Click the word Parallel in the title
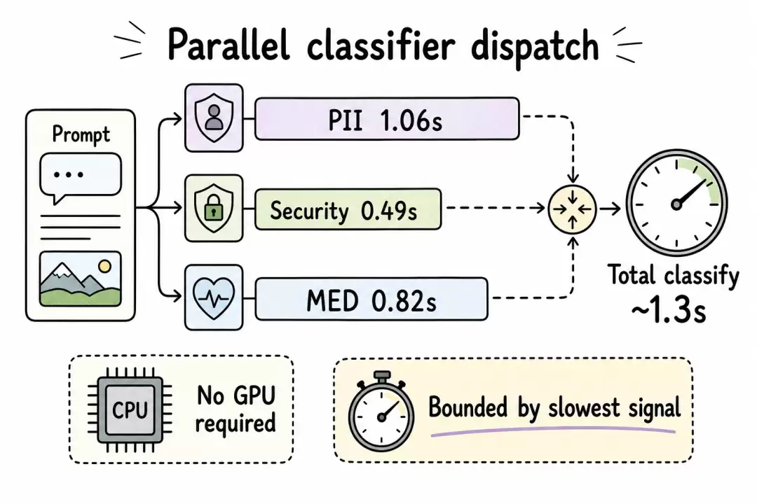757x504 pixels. [x=229, y=45]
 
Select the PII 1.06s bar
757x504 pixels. [x=387, y=118]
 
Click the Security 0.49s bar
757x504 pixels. [x=348, y=209]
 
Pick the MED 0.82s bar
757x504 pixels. [x=371, y=299]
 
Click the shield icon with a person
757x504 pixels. [x=214, y=118]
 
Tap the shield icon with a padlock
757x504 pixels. [x=214, y=209]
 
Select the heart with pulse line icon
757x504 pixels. [x=214, y=297]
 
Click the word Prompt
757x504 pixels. [x=81, y=134]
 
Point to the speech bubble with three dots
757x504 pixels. [x=80, y=176]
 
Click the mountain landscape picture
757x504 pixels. [x=80, y=279]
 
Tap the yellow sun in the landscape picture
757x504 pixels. [x=104, y=266]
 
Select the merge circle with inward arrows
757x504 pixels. [x=573, y=209]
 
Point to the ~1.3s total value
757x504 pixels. [x=669, y=311]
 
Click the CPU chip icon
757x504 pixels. [x=130, y=410]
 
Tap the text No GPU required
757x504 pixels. [x=236, y=409]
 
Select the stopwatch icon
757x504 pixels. [x=381, y=411]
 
